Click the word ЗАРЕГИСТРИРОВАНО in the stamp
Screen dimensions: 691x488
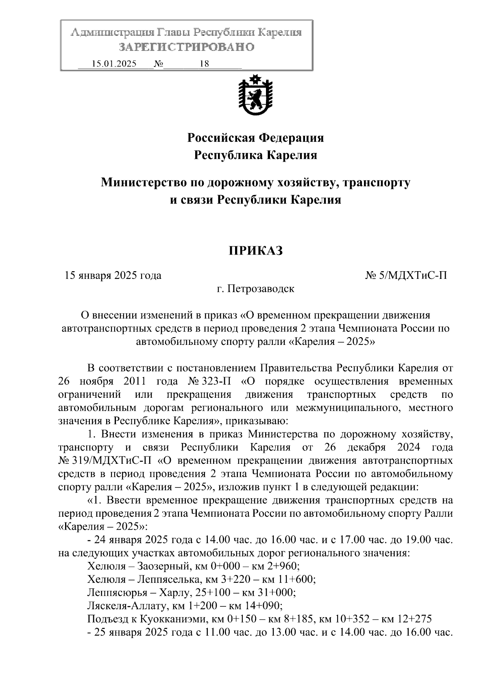186,47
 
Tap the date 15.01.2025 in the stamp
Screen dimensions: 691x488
114,64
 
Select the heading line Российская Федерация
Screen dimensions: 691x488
255,138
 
